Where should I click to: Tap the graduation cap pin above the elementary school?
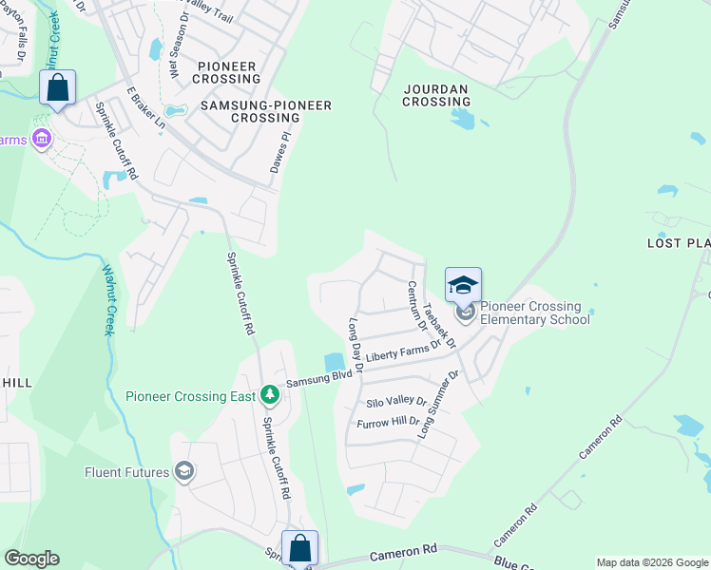[464, 285]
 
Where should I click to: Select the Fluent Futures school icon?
[184, 471]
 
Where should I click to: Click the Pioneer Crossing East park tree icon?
[270, 393]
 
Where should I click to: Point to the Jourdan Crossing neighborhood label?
[435, 95]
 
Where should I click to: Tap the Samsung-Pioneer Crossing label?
[266, 112]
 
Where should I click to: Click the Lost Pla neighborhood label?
[679, 243]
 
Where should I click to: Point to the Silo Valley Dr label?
[396, 403]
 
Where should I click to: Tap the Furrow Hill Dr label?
[388, 421]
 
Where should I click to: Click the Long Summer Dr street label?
[439, 404]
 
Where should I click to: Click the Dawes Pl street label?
[278, 152]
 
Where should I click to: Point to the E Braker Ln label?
[145, 109]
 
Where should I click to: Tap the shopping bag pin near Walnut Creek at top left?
[58, 88]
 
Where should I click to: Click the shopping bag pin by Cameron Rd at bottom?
[299, 548]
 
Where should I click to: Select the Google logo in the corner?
[32, 559]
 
